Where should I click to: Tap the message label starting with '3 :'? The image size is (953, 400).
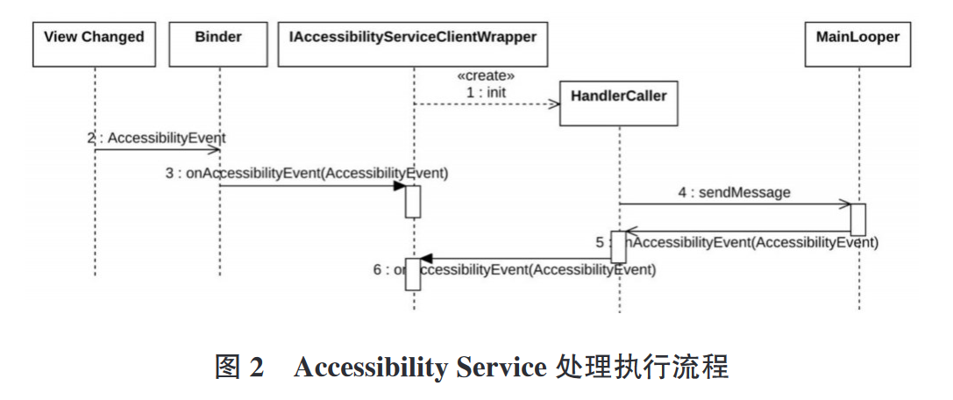pyautogui.click(x=306, y=173)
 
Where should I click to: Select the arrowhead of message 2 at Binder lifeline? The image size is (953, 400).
pyautogui.click(x=213, y=150)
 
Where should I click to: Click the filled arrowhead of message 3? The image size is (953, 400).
pyautogui.click(x=399, y=186)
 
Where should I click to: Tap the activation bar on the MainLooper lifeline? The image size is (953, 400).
pyautogui.click(x=858, y=219)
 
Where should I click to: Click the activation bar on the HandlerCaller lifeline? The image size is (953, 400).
pyautogui.click(x=619, y=246)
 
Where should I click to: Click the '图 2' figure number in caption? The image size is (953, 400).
pyautogui.click(x=239, y=367)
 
